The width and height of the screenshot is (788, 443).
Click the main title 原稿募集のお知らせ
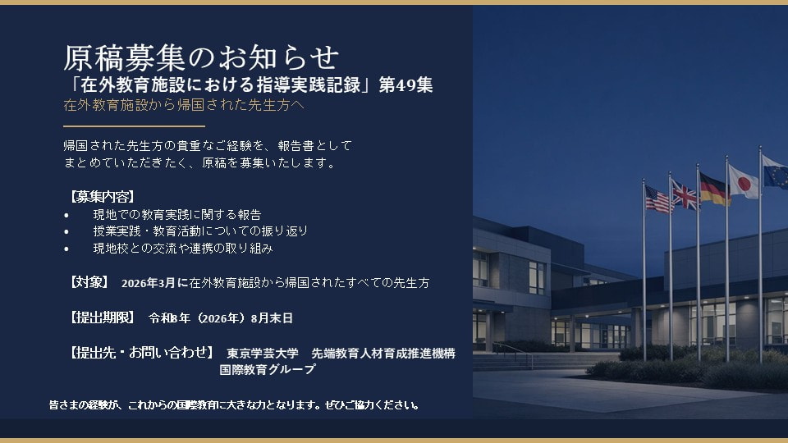click(x=201, y=57)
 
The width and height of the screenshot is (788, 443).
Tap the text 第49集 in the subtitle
click(x=405, y=84)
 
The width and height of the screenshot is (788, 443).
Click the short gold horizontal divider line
click(x=134, y=127)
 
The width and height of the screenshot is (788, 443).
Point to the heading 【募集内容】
click(x=99, y=196)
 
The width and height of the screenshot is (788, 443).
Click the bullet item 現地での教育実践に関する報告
click(x=177, y=214)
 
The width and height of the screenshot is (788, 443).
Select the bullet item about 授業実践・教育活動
click(x=200, y=231)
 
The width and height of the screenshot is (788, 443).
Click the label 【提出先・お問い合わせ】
click(x=142, y=353)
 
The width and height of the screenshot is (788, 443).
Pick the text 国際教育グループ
click(x=267, y=370)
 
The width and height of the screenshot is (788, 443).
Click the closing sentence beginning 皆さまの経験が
click(x=235, y=405)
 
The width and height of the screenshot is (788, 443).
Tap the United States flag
click(x=658, y=199)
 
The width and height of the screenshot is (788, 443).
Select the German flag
click(x=712, y=190)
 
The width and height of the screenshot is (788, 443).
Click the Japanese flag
click(x=743, y=181)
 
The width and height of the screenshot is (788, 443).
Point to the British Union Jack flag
click(x=685, y=194)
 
